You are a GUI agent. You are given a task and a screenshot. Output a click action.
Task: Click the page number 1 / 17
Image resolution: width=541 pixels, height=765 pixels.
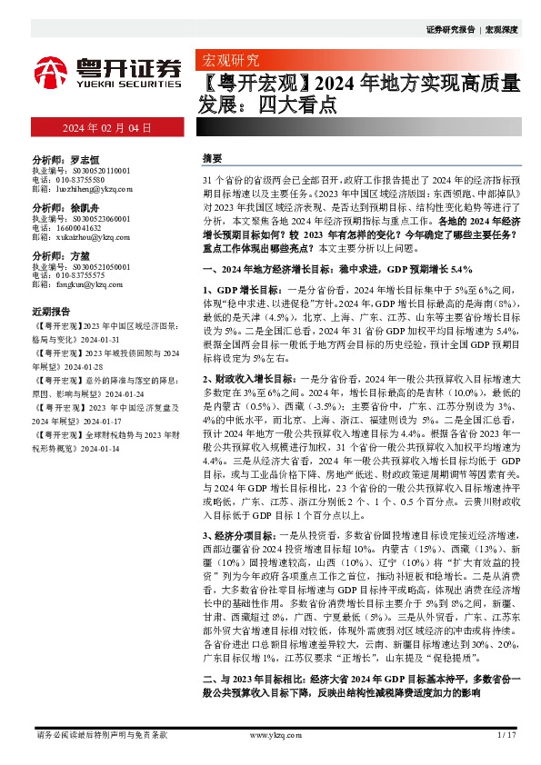[507, 734]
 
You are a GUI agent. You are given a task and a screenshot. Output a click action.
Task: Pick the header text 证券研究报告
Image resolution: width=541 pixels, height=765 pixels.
[450, 29]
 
